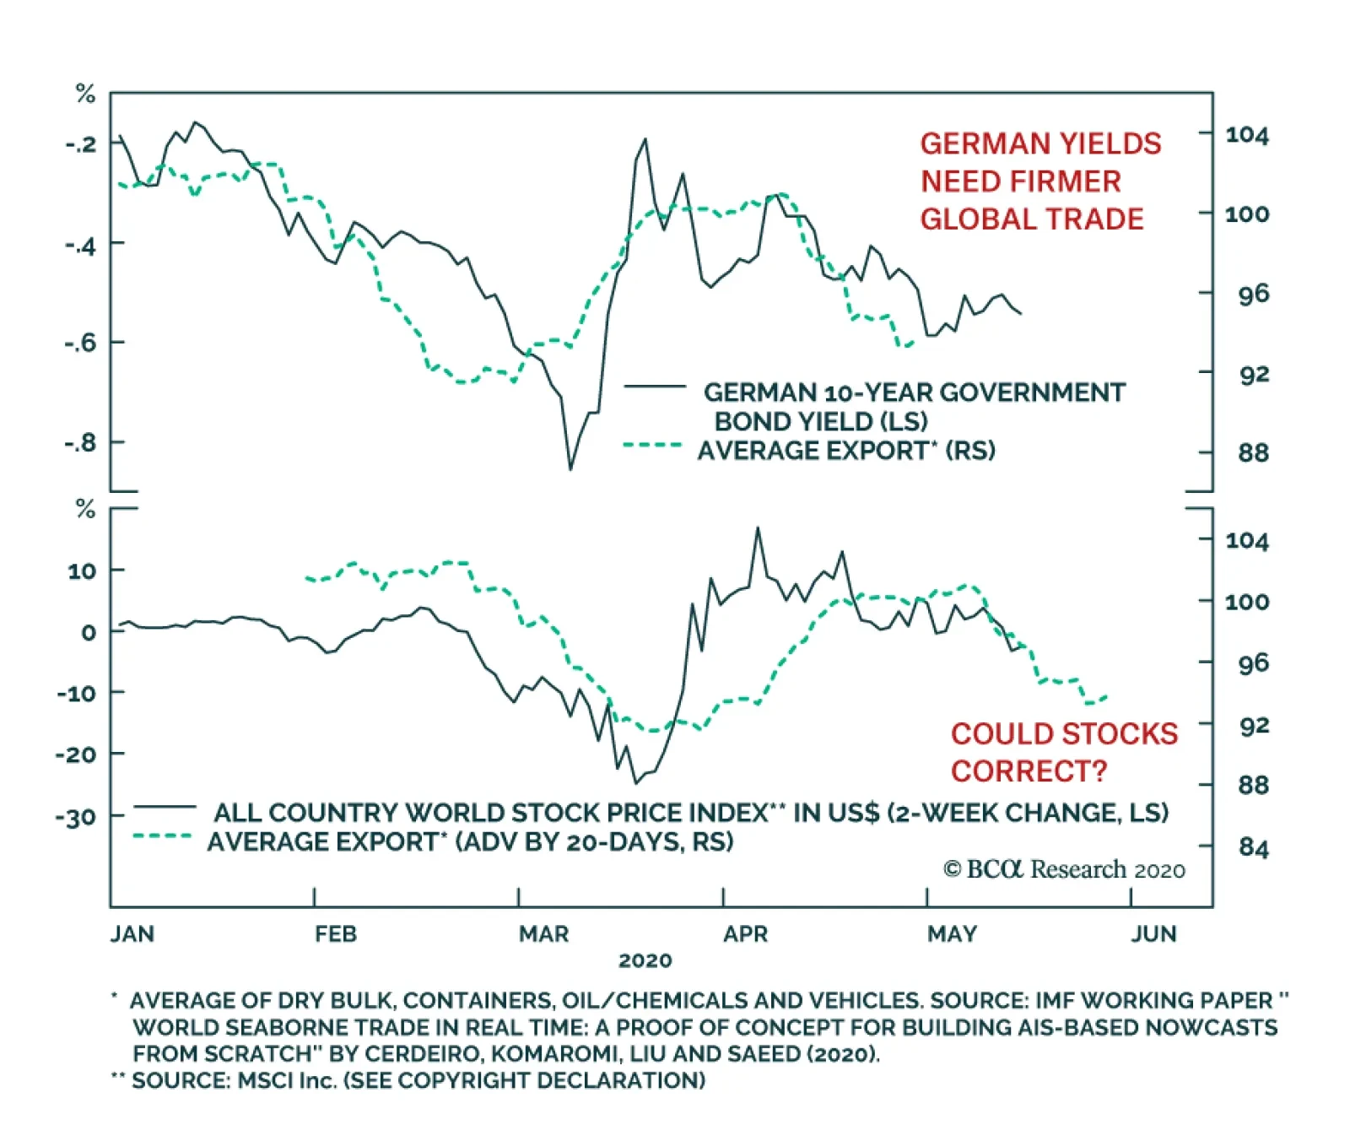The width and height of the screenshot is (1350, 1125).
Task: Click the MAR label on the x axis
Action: (x=543, y=933)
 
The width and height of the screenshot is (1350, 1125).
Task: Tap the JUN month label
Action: (x=1153, y=933)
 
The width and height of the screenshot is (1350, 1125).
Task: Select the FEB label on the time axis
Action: (x=336, y=933)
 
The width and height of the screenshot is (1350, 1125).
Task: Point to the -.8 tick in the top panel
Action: (x=81, y=442)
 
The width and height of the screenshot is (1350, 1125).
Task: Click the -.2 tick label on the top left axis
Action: (x=81, y=143)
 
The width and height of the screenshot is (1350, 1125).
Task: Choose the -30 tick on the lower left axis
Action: (x=76, y=817)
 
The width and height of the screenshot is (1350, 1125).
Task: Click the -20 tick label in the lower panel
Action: (x=76, y=754)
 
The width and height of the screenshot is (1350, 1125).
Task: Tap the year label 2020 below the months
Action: (x=645, y=960)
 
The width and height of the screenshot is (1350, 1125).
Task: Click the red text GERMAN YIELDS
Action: (x=1040, y=143)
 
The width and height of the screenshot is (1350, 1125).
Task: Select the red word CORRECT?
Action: (x=1029, y=771)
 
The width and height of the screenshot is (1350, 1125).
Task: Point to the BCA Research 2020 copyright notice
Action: (x=1064, y=869)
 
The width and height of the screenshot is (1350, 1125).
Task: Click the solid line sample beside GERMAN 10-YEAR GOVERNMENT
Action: (x=655, y=387)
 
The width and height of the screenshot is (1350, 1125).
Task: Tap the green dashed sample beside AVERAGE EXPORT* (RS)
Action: (x=651, y=445)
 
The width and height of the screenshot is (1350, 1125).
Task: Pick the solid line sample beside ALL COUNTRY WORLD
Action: (x=165, y=807)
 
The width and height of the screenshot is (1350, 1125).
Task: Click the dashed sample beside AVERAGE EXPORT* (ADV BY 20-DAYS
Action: (x=163, y=836)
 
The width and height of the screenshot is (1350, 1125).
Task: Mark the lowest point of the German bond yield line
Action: (x=570, y=468)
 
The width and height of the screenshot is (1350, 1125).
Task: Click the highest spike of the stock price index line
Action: (x=757, y=528)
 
